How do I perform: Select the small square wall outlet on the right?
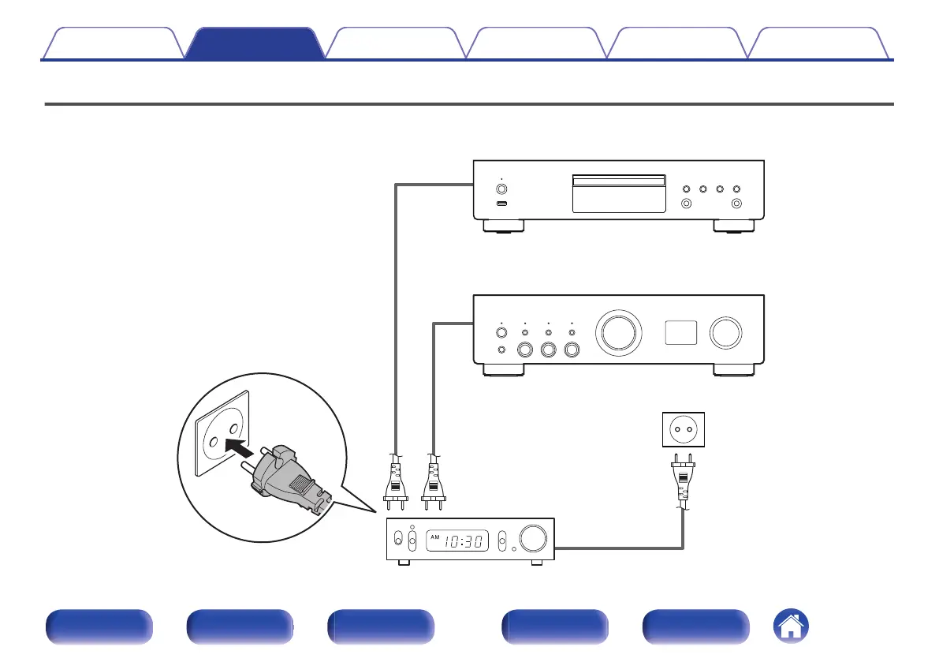tap(683, 430)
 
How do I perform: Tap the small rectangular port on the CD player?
tap(501, 204)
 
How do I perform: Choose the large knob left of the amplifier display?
tap(617, 332)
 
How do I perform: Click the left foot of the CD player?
tap(501, 226)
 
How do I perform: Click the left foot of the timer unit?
tap(404, 563)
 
